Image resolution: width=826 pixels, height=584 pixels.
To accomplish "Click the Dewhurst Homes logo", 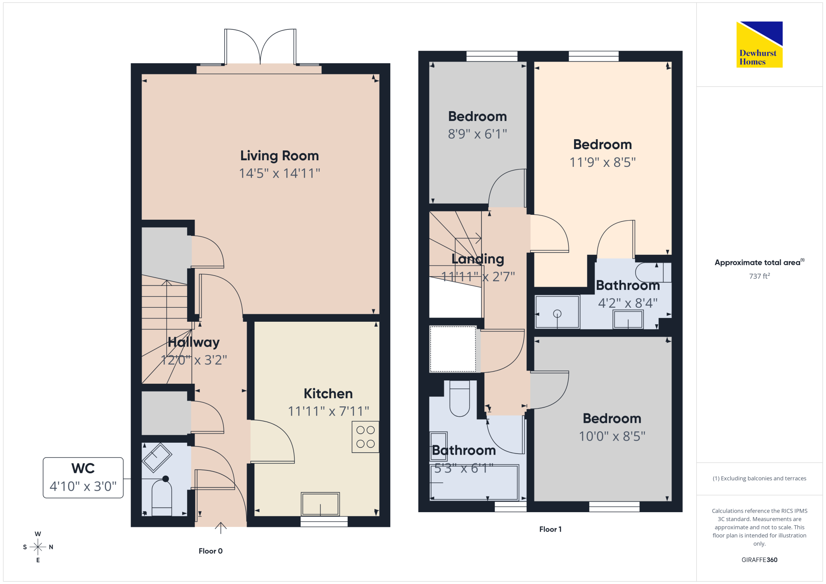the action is tap(760, 45).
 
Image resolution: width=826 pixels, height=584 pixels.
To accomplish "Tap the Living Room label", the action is tap(280, 156).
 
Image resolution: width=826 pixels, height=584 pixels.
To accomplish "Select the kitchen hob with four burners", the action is tap(366, 437).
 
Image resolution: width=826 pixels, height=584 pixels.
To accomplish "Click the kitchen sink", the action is tap(320, 504).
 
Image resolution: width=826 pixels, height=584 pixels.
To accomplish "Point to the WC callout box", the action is tap(83, 477).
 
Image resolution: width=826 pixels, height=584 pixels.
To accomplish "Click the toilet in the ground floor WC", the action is tap(162, 498).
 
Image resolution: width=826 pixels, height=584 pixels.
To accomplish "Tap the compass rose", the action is tap(38, 547).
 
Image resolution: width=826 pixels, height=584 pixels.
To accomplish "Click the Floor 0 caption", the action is tap(211, 551).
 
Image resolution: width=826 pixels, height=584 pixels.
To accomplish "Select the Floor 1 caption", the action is tap(551, 529).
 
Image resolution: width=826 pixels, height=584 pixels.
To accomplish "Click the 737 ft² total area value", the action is tap(760, 276).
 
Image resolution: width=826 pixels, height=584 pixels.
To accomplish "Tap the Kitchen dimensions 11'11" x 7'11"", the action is tap(328, 411).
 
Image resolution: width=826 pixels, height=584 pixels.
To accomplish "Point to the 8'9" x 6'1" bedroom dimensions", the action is tap(477, 134).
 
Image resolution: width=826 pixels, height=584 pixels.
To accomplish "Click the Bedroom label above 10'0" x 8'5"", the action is tap(612, 418).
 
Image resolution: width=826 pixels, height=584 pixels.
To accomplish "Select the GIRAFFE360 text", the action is tap(760, 560).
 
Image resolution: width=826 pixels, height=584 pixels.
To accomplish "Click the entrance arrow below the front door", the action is tap(221, 528).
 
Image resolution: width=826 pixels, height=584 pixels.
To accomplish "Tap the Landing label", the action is tap(478, 259).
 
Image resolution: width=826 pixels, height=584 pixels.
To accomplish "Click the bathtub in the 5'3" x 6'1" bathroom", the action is tap(475, 482).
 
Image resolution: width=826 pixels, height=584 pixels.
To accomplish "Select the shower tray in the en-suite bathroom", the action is tap(558, 312).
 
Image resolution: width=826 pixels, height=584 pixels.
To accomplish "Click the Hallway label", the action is tap(194, 342).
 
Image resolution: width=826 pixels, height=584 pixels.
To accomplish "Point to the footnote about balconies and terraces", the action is tap(760, 478).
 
